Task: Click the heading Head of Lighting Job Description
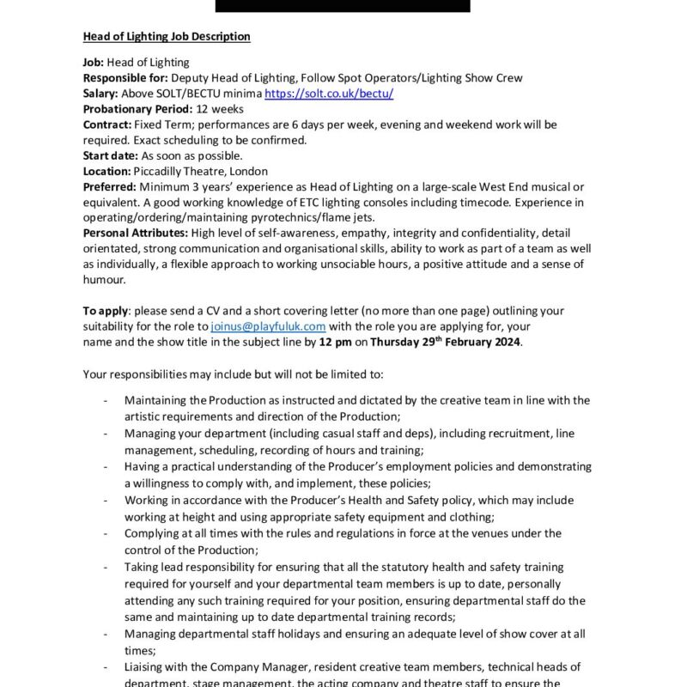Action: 167,36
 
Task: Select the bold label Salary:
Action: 100,93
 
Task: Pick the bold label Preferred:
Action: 109,186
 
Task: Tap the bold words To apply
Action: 105,311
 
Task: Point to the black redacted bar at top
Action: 343,5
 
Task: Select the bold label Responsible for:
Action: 125,77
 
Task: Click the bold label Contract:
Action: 106,125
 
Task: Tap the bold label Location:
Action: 106,171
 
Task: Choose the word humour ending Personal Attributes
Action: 105,280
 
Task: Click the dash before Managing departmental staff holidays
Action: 105,634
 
